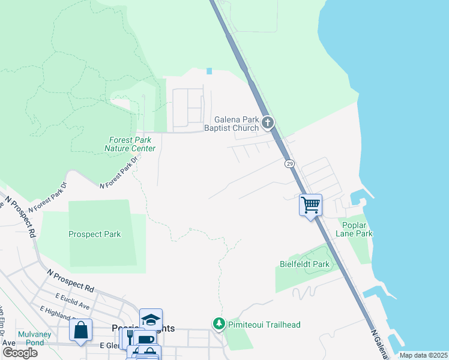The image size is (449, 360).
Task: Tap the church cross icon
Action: click(x=268, y=124)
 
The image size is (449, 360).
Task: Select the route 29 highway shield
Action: click(x=289, y=163)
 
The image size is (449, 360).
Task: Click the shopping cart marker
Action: click(x=310, y=205)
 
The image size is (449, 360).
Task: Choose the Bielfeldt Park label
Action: click(x=304, y=264)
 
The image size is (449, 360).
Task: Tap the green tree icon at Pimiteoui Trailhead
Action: click(x=218, y=324)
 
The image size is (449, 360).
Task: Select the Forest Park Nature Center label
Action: click(x=130, y=144)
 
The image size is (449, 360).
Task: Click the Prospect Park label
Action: click(x=94, y=235)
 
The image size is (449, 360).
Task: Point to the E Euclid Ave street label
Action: click(x=72, y=301)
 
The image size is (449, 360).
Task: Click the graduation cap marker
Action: click(x=151, y=319)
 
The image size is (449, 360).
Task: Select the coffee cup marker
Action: click(x=144, y=339)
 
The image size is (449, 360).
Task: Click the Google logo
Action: click(x=20, y=352)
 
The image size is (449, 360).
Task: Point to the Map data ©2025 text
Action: click(x=423, y=355)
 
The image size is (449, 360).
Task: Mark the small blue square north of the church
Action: click(x=209, y=71)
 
